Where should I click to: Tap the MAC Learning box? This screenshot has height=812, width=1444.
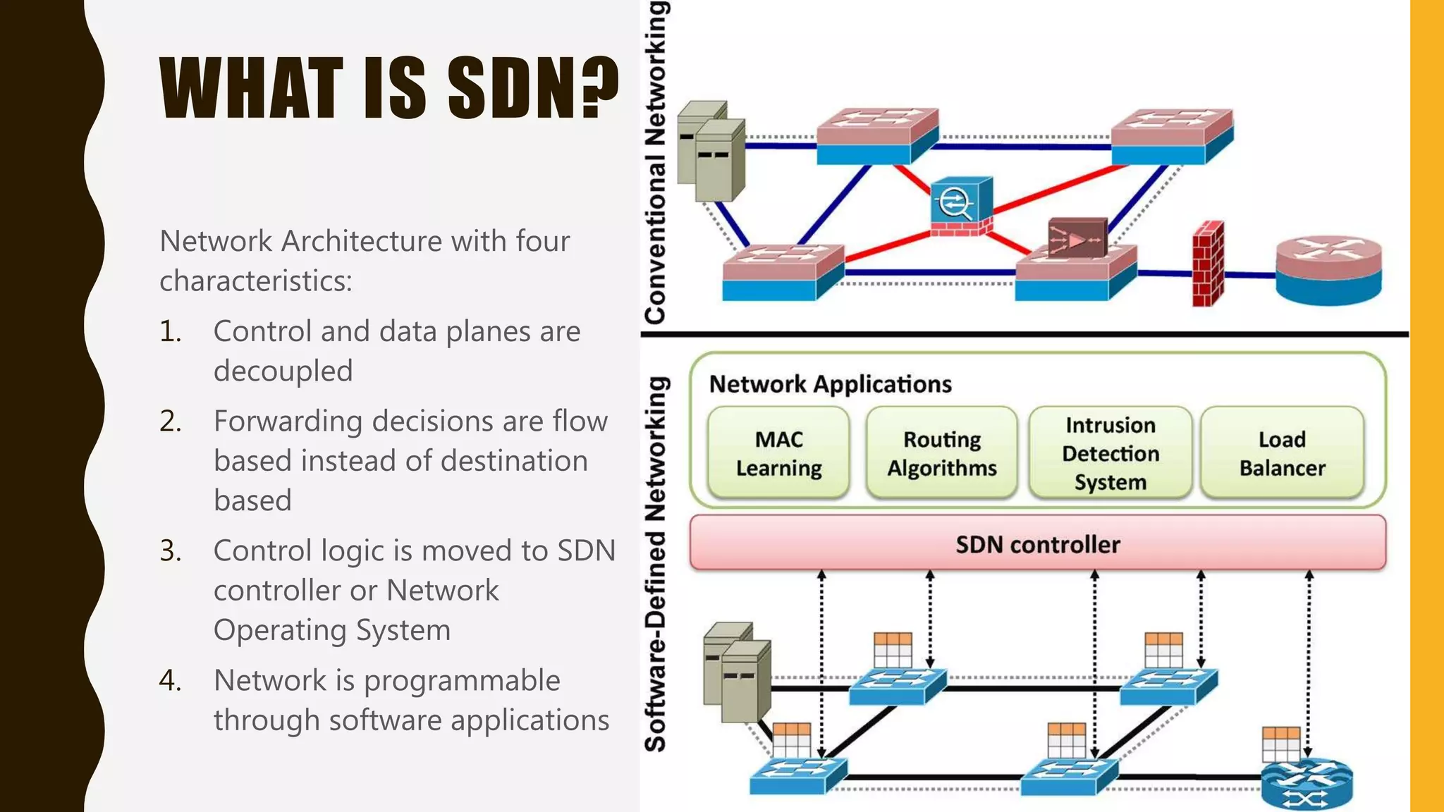click(x=778, y=453)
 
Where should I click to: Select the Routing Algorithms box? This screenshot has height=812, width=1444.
click(x=942, y=453)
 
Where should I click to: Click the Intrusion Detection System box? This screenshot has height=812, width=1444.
click(x=1110, y=453)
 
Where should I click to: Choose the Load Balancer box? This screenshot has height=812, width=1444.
click(x=1282, y=453)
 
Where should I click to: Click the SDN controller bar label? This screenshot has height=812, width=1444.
click(x=1037, y=544)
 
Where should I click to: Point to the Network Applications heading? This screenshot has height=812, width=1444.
click(x=830, y=384)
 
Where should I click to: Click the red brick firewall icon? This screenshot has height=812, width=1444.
click(x=1207, y=264)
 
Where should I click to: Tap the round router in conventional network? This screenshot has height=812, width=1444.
click(x=1328, y=270)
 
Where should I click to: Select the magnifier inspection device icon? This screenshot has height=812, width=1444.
click(x=960, y=205)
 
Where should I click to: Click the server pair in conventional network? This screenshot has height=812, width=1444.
click(x=711, y=151)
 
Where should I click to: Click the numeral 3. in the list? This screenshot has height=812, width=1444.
click(x=171, y=550)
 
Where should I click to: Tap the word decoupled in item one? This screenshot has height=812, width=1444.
click(x=283, y=371)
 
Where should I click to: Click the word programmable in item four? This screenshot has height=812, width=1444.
click(x=462, y=680)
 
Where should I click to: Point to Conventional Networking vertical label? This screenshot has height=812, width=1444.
click(x=656, y=162)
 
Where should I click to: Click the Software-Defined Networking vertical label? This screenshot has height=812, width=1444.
click(x=656, y=564)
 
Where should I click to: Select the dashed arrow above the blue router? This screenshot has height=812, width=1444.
click(x=1309, y=663)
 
